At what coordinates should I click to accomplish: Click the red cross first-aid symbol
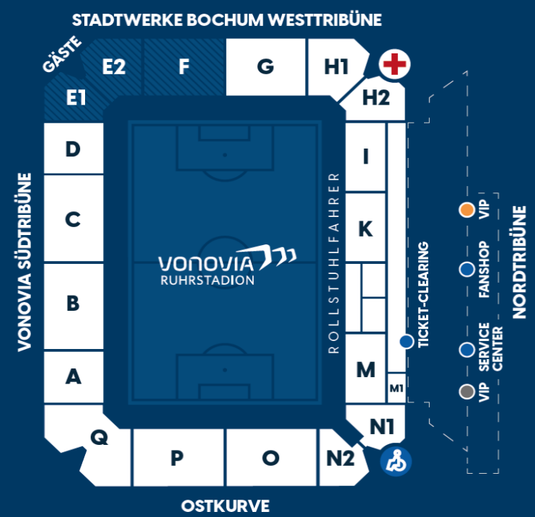click(x=394, y=64)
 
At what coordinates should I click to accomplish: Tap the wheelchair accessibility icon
click(x=396, y=461)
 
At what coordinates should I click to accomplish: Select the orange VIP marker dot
click(x=467, y=210)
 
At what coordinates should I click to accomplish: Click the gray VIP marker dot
click(x=467, y=392)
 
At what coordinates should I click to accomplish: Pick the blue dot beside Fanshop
click(x=467, y=269)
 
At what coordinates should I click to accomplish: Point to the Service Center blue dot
click(x=467, y=350)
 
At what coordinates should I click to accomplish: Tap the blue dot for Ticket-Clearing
click(x=407, y=341)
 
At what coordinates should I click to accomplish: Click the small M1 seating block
click(x=397, y=388)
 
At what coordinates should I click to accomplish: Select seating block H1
click(x=336, y=66)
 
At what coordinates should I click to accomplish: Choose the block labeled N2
click(x=341, y=458)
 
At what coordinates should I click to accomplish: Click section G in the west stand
click(x=265, y=66)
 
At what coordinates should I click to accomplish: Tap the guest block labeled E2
click(x=114, y=66)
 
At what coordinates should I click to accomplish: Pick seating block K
click(x=366, y=228)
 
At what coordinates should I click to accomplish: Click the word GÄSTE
click(x=63, y=54)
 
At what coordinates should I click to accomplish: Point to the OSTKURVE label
click(x=225, y=505)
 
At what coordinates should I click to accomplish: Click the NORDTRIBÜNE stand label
click(x=519, y=262)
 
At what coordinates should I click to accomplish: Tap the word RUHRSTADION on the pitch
click(x=208, y=280)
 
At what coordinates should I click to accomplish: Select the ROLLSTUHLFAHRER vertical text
click(x=333, y=262)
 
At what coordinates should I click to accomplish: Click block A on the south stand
click(x=74, y=377)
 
